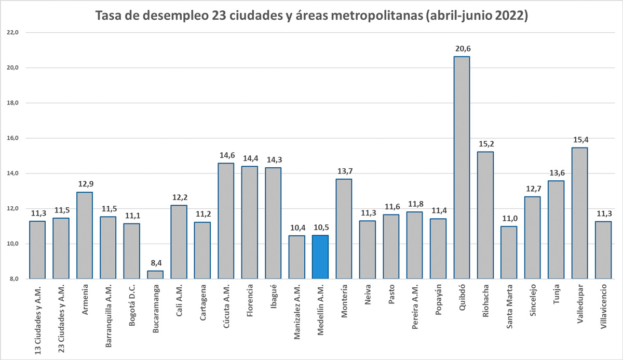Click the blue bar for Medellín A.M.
(320, 257)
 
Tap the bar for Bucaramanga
(155, 275)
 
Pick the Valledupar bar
(579, 213)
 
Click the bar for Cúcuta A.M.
(226, 221)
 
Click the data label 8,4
(155, 263)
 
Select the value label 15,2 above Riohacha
(485, 144)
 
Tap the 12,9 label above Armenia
(85, 184)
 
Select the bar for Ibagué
(273, 223)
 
